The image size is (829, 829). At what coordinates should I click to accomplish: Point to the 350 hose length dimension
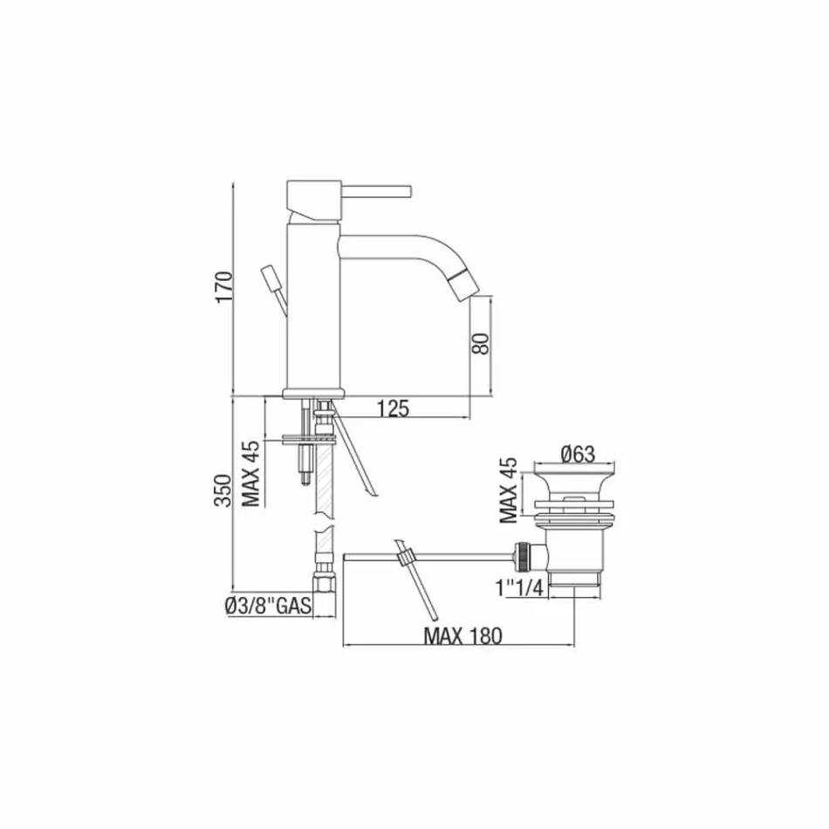(223, 490)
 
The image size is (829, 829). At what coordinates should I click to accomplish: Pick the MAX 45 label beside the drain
(509, 490)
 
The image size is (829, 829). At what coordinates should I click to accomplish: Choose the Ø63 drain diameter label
(577, 454)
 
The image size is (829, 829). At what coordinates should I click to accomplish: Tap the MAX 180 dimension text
(462, 636)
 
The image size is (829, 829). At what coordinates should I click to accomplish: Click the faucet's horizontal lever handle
(375, 189)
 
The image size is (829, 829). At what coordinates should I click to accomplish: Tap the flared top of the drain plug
(579, 482)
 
